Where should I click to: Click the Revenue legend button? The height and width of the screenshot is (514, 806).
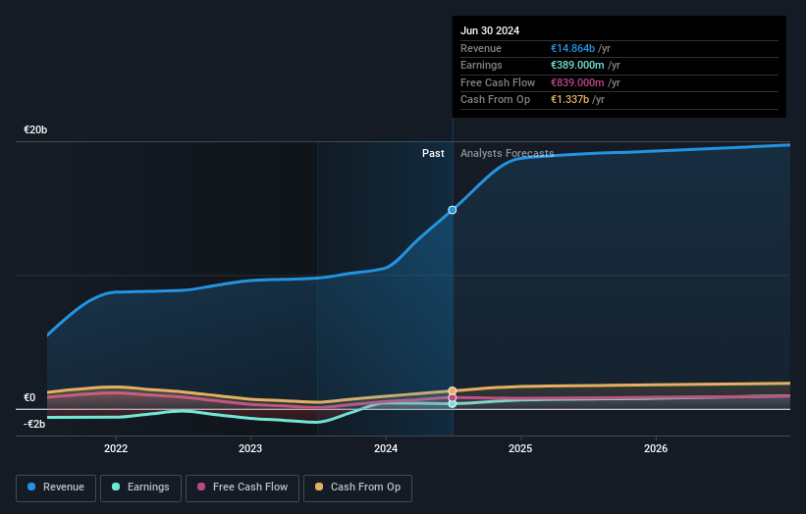point(56,488)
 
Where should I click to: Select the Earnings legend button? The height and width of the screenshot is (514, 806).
point(140,488)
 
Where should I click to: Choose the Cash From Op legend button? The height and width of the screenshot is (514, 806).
point(357,488)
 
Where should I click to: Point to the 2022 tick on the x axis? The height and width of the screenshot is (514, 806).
point(116,448)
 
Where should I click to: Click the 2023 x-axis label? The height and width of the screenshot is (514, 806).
point(250,448)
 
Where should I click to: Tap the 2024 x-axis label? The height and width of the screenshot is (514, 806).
point(386,448)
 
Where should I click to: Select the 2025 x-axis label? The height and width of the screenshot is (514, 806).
point(520,448)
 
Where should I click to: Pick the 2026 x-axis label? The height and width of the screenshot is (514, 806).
point(656,448)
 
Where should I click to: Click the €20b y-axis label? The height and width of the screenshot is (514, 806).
point(35,129)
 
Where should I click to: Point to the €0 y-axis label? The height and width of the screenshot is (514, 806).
point(29,397)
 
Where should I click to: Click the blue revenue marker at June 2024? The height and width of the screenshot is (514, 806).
point(453,210)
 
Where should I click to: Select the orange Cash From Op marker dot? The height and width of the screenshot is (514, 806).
point(453,390)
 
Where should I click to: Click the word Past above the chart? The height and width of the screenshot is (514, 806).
point(433,153)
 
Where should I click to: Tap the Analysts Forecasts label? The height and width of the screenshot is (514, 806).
point(507,153)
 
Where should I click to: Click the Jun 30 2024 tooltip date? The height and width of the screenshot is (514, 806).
point(490,30)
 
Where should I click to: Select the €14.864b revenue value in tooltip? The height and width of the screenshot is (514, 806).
point(578,49)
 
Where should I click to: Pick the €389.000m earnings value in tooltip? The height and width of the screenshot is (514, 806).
point(578,66)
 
